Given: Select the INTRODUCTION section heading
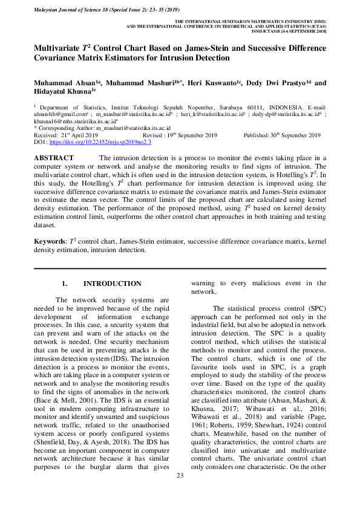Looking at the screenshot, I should (x=112, y=284).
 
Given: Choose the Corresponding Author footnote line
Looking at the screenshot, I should (x=102, y=128).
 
